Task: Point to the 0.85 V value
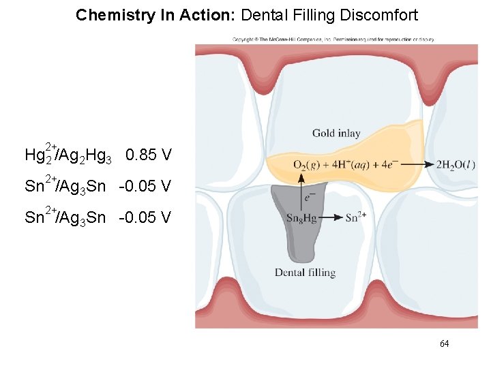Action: (x=149, y=155)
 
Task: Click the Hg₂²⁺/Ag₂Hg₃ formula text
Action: (x=68, y=155)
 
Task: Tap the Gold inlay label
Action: (x=336, y=134)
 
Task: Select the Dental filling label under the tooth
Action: (x=305, y=273)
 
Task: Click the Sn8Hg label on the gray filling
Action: (x=301, y=218)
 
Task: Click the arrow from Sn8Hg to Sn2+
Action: (x=330, y=218)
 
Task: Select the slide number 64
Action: (x=444, y=344)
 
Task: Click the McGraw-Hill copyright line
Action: (x=333, y=39)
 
